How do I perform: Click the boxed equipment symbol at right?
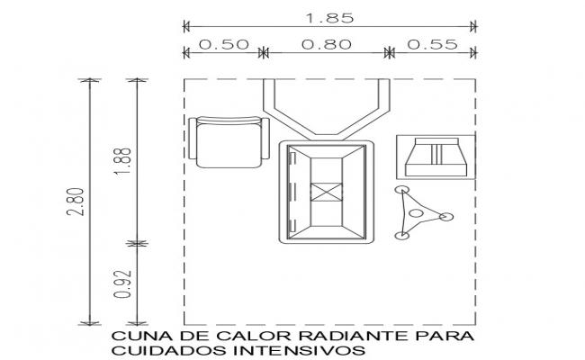436,157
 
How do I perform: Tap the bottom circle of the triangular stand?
401,236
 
